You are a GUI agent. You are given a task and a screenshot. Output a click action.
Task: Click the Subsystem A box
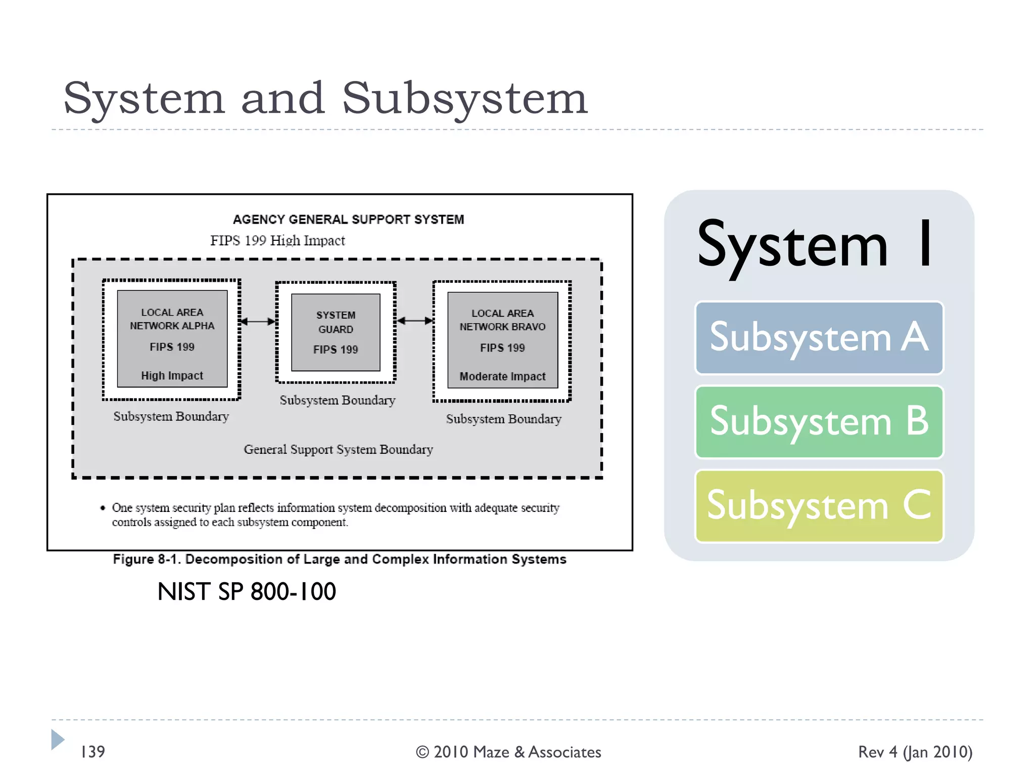(x=819, y=338)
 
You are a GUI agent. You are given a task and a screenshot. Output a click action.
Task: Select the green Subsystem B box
(x=819, y=422)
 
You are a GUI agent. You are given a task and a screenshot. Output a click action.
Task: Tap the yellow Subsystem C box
(x=819, y=506)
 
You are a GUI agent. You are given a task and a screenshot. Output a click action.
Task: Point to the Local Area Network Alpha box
(x=172, y=338)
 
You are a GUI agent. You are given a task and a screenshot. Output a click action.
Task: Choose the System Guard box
(x=336, y=332)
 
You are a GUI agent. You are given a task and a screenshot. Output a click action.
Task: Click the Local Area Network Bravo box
(x=502, y=340)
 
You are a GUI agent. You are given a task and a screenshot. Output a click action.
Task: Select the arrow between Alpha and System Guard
(x=258, y=321)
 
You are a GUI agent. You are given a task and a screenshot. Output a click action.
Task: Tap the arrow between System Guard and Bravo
(x=414, y=321)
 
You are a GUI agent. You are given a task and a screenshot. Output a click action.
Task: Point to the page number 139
(x=93, y=752)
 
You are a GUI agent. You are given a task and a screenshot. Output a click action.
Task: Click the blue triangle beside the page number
(x=57, y=740)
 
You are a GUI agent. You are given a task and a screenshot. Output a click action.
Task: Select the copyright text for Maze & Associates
(x=508, y=752)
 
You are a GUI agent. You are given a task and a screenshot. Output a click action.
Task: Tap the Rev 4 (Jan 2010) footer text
(x=915, y=752)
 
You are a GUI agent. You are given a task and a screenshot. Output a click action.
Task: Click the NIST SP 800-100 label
(x=247, y=591)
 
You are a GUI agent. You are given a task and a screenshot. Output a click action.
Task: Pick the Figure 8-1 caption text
(x=340, y=559)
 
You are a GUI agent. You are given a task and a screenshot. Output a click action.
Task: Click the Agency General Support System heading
(x=348, y=220)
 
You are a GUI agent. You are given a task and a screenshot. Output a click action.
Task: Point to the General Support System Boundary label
(x=338, y=449)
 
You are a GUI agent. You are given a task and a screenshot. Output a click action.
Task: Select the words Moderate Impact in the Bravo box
(x=502, y=376)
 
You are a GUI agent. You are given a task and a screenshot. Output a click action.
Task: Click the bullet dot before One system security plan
(x=103, y=508)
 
